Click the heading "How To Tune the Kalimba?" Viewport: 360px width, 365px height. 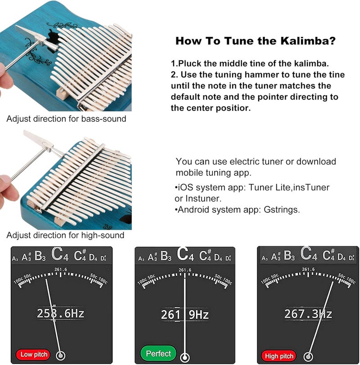coord(255,41)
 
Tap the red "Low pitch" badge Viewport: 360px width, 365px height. coord(34,355)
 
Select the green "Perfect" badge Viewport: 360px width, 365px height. coord(158,353)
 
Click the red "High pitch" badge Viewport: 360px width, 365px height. coord(279,356)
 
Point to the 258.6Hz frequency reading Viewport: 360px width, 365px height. coord(60,313)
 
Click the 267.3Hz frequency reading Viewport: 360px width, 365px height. coord(308,313)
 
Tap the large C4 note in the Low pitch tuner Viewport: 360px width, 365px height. coord(60,255)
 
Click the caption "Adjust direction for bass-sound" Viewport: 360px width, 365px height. coord(66,119)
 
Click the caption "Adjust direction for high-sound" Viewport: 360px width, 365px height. coord(65,235)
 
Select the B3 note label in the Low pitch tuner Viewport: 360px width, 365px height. coord(40,257)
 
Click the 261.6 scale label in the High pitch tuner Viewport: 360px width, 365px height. coord(308,269)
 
